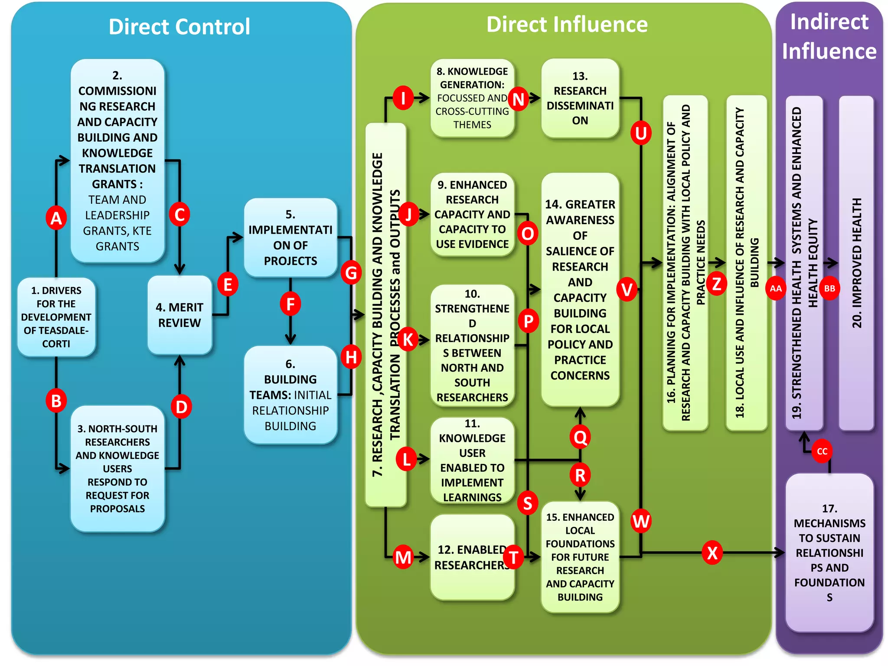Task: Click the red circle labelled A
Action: click(56, 218)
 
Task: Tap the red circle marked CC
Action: click(822, 451)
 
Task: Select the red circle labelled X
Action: click(712, 553)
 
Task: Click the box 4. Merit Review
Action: click(180, 315)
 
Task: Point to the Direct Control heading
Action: click(179, 27)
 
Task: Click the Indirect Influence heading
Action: click(829, 36)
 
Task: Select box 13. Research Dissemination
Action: click(580, 98)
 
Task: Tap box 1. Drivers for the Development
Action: click(56, 317)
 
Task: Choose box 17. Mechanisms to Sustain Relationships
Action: click(829, 552)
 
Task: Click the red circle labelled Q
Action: click(580, 437)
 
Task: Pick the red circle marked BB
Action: click(829, 288)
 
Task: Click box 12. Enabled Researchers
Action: click(472, 557)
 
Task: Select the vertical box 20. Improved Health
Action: click(856, 263)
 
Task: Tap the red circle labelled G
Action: click(351, 273)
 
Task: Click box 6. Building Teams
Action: click(290, 395)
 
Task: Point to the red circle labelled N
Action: click(519, 99)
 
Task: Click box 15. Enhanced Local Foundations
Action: click(580, 557)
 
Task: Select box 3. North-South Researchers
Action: click(117, 468)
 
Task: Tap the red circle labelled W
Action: click(641, 521)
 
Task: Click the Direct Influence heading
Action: click(567, 25)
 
